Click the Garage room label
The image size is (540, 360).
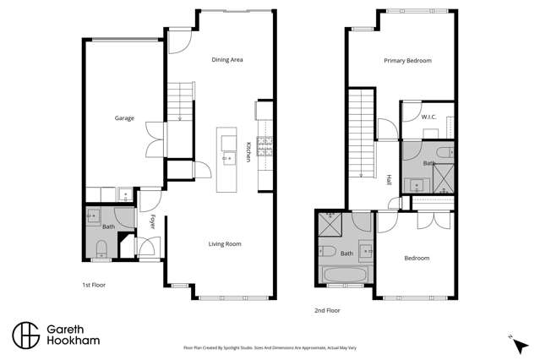point(124,118)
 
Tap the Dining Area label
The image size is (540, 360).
point(227,60)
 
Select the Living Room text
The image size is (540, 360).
point(225,244)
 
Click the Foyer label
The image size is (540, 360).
point(153,222)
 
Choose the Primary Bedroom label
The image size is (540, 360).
point(407,61)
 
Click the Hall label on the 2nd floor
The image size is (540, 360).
point(389,180)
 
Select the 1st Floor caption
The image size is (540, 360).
point(94,286)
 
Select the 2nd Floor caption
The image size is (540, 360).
point(326,310)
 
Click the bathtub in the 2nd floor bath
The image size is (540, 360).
point(344,275)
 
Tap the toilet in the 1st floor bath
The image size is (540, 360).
point(102,248)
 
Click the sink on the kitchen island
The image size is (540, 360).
point(226,157)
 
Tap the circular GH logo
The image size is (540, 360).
point(25,334)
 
